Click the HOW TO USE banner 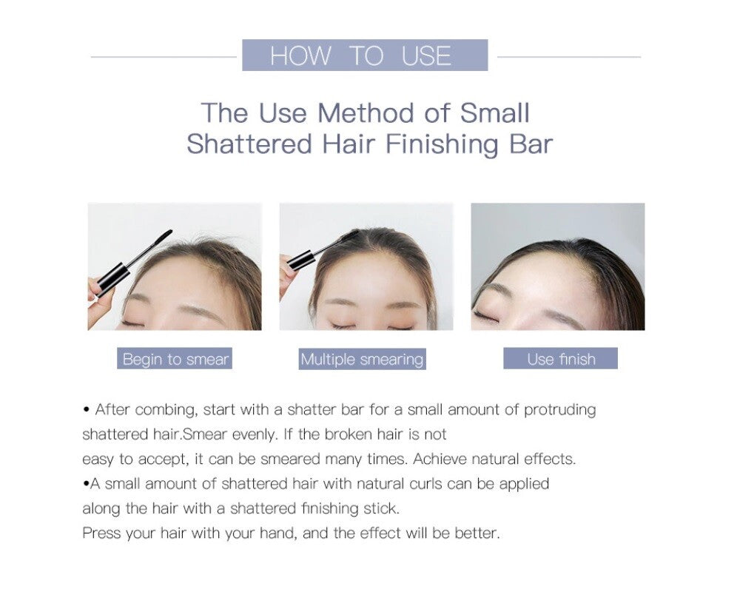click(365, 55)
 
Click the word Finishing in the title click(442, 144)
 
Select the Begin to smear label click(175, 359)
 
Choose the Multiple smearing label click(362, 359)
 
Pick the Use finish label click(561, 359)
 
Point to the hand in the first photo click(100, 302)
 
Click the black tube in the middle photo click(301, 260)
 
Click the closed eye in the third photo click(485, 315)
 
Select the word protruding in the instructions click(559, 410)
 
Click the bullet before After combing click(87, 410)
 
